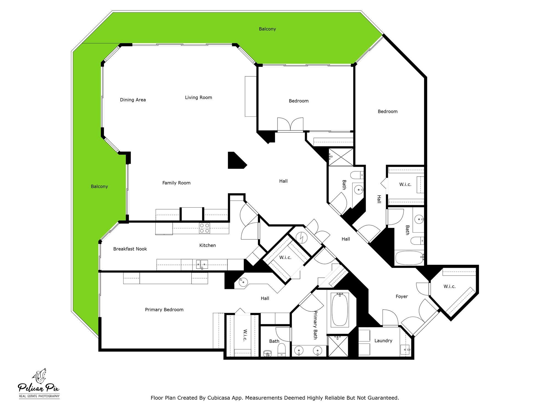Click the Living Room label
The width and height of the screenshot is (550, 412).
198,98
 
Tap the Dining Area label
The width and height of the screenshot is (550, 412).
133,100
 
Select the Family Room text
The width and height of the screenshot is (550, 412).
176,183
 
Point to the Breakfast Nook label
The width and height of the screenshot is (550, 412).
130,249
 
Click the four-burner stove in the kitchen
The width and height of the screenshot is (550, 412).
204,228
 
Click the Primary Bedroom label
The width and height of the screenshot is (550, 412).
164,310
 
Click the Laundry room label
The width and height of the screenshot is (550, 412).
383,341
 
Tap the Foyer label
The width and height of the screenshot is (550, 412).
402,297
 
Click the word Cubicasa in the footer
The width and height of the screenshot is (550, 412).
219,398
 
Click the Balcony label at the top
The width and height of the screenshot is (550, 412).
267,29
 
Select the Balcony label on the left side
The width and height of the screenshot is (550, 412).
99,187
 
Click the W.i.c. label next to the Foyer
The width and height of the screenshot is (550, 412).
449,286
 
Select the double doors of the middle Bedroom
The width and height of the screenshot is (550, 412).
290,124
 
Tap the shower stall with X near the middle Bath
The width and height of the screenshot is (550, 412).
341,157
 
